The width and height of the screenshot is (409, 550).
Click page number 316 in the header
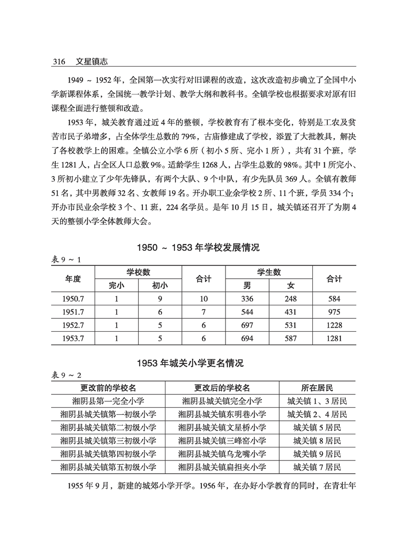click(59, 62)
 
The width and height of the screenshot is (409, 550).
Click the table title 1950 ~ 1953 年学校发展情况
click(204, 248)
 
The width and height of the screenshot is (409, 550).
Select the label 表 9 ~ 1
click(67, 259)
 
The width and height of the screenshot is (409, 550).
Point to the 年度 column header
click(73, 279)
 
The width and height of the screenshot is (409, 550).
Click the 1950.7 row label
click(73, 299)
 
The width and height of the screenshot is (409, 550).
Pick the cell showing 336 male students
click(247, 299)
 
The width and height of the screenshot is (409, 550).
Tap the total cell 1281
click(334, 339)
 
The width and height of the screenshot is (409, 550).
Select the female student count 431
click(291, 312)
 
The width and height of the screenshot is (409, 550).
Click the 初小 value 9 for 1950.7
click(160, 299)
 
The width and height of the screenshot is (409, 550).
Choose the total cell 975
click(334, 312)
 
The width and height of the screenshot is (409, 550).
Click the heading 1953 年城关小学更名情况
click(204, 364)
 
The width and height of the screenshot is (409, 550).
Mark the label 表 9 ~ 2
click(67, 375)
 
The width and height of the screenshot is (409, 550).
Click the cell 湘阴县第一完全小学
click(108, 401)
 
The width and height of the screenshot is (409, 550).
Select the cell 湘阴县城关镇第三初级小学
click(108, 440)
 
